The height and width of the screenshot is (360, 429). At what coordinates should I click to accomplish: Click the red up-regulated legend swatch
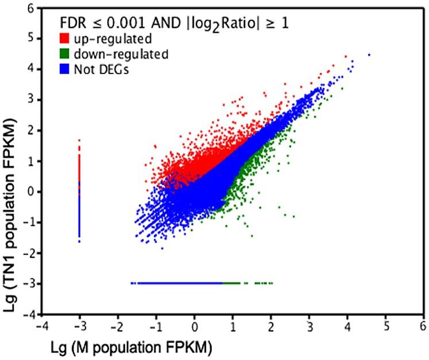coord(67,40)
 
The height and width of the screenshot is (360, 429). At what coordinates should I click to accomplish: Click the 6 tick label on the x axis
coord(423,326)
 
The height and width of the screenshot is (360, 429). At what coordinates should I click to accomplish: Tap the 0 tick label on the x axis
coord(195,326)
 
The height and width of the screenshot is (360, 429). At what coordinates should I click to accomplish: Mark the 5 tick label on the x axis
coord(385,326)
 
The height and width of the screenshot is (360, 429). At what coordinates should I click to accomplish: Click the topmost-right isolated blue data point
coord(369,55)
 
